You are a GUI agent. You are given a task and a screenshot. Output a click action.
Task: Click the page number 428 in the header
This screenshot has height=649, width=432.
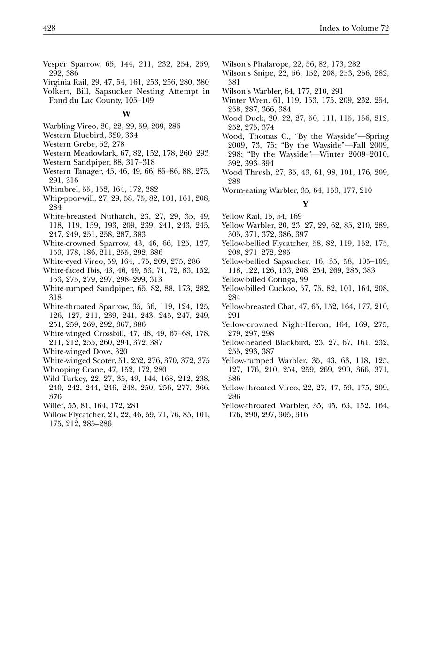(x=49, y=28)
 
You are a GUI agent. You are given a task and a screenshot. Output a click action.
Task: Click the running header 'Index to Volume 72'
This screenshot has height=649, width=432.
(x=354, y=28)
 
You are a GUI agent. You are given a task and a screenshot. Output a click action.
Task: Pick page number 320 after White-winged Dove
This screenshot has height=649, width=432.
(x=121, y=351)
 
